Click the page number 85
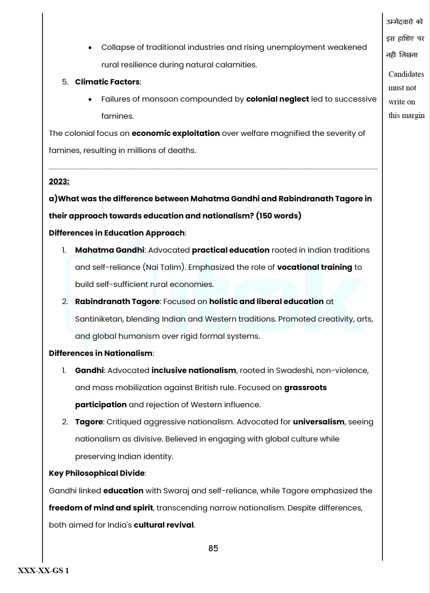pyautogui.click(x=213, y=548)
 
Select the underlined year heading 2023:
pyautogui.click(x=59, y=181)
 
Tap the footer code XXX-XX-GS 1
pyautogui.click(x=43, y=570)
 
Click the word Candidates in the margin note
pyautogui.click(x=406, y=74)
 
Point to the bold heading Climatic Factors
pyautogui.click(x=107, y=82)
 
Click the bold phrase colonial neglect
pyautogui.click(x=277, y=99)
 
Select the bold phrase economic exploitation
pyautogui.click(x=175, y=133)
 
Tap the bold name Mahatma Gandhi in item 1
pyautogui.click(x=110, y=250)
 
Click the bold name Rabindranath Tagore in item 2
pyautogui.click(x=117, y=301)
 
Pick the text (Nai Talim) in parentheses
pyautogui.click(x=164, y=267)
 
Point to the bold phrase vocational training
pyautogui.click(x=315, y=267)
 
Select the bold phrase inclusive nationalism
pyautogui.click(x=194, y=370)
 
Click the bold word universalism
pyautogui.click(x=319, y=422)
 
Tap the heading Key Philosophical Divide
pyautogui.click(x=97, y=473)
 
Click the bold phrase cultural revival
pyautogui.click(x=164, y=525)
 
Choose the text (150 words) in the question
pyautogui.click(x=278, y=216)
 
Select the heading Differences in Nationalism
pyautogui.click(x=101, y=353)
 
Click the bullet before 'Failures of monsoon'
pyautogui.click(x=90, y=99)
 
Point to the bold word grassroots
pyautogui.click(x=305, y=387)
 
